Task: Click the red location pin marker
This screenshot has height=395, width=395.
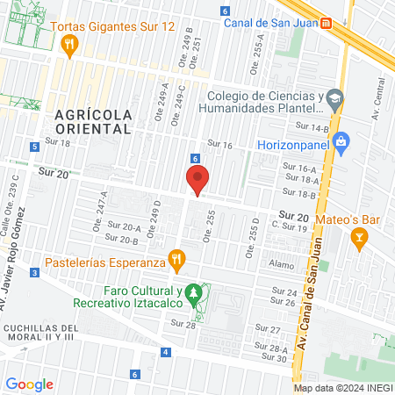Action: coord(198,179)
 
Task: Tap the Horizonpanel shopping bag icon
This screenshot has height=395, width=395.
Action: coord(341,140)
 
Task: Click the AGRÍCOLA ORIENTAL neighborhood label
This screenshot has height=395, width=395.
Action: coord(93,122)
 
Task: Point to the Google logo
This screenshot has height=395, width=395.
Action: coord(30,384)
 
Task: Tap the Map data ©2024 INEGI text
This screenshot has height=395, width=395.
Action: coord(341,388)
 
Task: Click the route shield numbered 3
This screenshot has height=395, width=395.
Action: coord(33,273)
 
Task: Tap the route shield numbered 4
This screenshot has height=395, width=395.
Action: coord(165,352)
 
